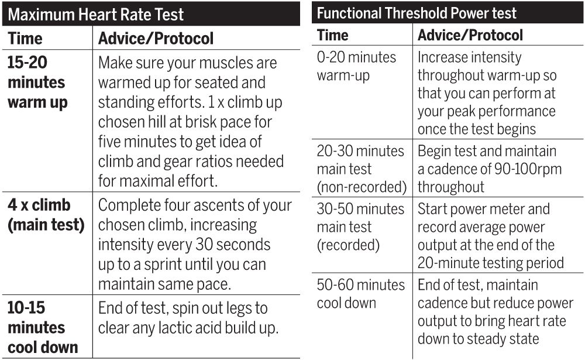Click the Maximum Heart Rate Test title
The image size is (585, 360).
click(x=95, y=13)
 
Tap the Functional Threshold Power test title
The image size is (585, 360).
click(x=417, y=13)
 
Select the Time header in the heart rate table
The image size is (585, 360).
click(x=25, y=39)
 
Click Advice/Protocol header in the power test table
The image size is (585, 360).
click(x=470, y=35)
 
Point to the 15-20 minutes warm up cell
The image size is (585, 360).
click(x=37, y=83)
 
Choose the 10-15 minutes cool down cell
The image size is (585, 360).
click(x=42, y=327)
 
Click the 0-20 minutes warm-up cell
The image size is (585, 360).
click(x=356, y=66)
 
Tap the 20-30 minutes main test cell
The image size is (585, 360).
click(x=360, y=169)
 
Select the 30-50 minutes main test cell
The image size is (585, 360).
click(x=360, y=227)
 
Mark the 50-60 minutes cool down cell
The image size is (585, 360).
click(x=360, y=294)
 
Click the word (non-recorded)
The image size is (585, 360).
click(x=362, y=187)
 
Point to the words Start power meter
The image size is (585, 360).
click(x=483, y=209)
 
